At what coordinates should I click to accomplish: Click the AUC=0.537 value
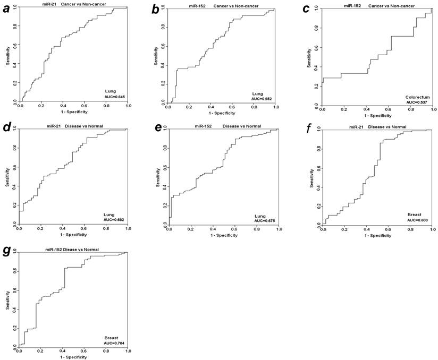(x=417, y=102)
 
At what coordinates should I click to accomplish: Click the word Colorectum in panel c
(x=417, y=97)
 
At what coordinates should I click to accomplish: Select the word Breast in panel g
(x=112, y=338)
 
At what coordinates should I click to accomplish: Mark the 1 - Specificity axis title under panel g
(x=72, y=356)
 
